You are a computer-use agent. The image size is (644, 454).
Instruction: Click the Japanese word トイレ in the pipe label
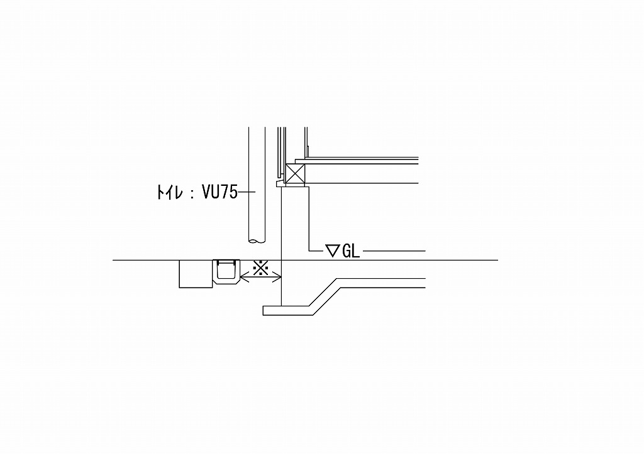pos(170,192)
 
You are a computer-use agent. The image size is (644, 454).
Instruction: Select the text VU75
pos(219,192)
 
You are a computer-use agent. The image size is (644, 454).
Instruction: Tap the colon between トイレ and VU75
pos(192,193)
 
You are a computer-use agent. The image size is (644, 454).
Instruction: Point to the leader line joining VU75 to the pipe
pos(247,192)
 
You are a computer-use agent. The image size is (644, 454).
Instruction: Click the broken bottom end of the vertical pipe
pos(257,242)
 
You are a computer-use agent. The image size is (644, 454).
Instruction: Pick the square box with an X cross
pos(296,174)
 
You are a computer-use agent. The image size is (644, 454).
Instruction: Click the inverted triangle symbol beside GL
pos(331,250)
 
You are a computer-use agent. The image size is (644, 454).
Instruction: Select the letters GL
pos(351,251)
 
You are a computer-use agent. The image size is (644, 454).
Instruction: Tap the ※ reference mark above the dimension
pos(260,268)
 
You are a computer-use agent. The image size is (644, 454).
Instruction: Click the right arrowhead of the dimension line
pos(277,279)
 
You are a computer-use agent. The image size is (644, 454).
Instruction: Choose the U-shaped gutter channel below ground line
pos(226,273)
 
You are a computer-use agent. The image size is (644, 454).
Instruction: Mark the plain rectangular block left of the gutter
pos(196,274)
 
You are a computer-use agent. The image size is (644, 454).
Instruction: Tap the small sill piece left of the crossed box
pos(281,183)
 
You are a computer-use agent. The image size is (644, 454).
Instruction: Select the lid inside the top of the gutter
pos(226,262)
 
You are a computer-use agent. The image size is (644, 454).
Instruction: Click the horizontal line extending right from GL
pos(394,251)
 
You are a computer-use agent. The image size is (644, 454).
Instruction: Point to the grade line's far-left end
pos(113,260)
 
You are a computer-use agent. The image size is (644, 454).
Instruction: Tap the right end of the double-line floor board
pos(418,158)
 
